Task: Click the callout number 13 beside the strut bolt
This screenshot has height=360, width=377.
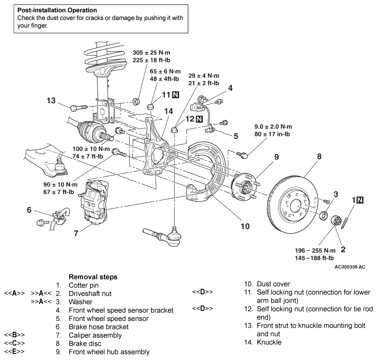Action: (x=51, y=100)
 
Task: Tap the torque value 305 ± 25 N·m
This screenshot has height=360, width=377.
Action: (x=151, y=53)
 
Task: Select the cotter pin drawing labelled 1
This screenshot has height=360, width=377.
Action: (x=345, y=220)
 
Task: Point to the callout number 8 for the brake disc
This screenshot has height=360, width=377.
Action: (x=319, y=156)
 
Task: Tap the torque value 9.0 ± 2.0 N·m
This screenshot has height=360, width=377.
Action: (x=273, y=127)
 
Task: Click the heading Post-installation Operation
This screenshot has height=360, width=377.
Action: (x=57, y=10)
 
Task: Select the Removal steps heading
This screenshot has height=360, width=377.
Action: (x=93, y=277)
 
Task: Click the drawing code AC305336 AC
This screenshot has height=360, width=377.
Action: (x=350, y=267)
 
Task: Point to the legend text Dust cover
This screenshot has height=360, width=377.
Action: (x=273, y=284)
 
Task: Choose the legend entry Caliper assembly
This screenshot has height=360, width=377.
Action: (x=95, y=335)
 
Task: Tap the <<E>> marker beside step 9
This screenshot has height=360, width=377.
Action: (x=15, y=351)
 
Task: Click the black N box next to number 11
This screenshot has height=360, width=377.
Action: (x=176, y=95)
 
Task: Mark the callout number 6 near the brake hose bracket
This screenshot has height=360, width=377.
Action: (x=29, y=210)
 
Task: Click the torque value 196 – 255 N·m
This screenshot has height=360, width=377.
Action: (x=315, y=250)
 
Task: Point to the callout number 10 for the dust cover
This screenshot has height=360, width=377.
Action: (x=245, y=226)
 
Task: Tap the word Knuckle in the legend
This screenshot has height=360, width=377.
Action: (x=269, y=342)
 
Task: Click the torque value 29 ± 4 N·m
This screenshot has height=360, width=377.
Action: (x=204, y=76)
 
